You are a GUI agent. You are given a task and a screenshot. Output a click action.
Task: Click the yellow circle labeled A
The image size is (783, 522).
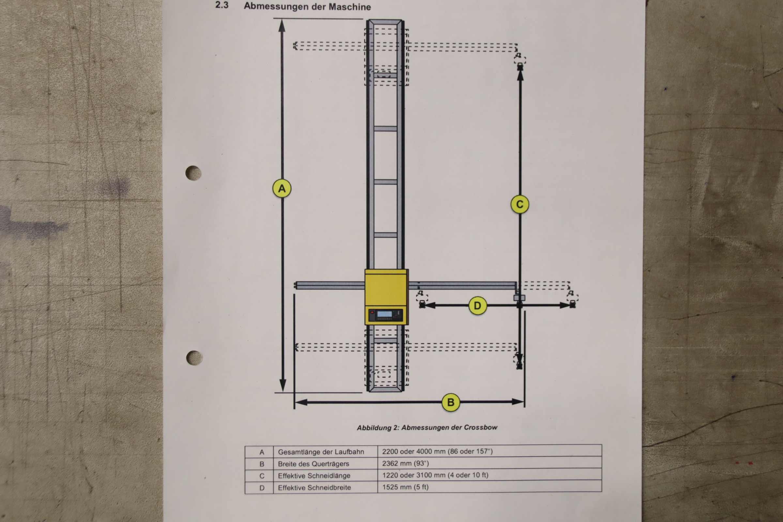click(x=282, y=189)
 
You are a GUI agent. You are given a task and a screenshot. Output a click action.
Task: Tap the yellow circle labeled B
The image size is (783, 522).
click(x=451, y=402)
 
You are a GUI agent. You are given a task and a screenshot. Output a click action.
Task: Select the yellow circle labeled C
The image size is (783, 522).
click(x=520, y=205)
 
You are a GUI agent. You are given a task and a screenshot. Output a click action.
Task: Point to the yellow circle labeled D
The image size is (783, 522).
click(x=477, y=306)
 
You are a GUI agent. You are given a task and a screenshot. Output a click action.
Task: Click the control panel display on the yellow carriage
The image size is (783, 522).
click(x=385, y=314)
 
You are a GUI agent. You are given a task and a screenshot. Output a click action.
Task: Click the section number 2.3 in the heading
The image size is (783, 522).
click(x=222, y=5)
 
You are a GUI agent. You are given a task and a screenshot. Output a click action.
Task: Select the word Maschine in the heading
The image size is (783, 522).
click(x=349, y=7)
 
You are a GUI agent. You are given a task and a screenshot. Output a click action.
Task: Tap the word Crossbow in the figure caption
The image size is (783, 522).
click(x=483, y=427)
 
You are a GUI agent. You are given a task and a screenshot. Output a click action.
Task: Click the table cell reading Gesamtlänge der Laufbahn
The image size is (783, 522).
click(x=321, y=452)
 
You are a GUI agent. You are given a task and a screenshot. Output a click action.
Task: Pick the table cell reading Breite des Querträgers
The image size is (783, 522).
click(x=313, y=464)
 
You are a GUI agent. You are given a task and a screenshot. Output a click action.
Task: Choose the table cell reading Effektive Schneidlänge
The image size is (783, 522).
click(x=314, y=476)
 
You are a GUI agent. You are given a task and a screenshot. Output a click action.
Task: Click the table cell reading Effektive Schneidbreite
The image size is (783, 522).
click(x=314, y=487)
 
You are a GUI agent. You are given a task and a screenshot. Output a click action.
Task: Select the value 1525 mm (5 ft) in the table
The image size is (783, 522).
click(x=405, y=487)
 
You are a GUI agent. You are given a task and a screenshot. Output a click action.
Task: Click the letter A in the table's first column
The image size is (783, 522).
click(x=262, y=452)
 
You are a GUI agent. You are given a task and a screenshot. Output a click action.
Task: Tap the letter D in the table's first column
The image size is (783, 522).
click(x=262, y=488)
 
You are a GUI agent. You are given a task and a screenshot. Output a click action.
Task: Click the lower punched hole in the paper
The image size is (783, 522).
click(x=194, y=358)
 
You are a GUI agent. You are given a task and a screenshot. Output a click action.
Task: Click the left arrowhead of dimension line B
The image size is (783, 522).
click(x=300, y=403)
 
